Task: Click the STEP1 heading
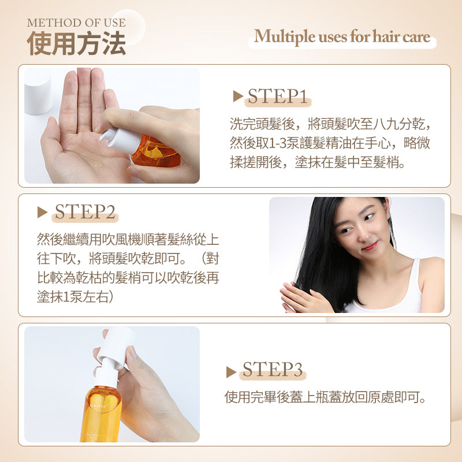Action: [x=278, y=96]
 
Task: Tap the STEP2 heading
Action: [x=85, y=211]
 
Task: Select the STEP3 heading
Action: [x=273, y=369]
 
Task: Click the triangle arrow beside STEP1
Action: [x=237, y=96]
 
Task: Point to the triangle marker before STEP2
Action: [x=42, y=212]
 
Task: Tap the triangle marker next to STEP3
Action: [x=231, y=372]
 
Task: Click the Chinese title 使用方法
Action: [x=76, y=43]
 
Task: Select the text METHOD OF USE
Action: [x=76, y=23]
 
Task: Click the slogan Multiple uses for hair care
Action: [x=342, y=36]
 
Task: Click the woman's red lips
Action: [x=370, y=245]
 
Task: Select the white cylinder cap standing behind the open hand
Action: [x=38, y=91]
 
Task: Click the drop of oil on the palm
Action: [x=98, y=164]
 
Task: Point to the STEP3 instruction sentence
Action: [x=325, y=397]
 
